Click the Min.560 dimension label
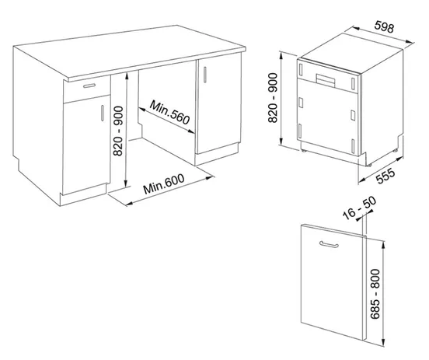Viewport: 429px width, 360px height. (169, 112)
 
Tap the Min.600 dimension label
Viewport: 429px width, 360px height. (164, 183)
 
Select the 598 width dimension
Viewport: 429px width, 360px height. (385, 27)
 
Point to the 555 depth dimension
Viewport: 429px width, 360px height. (385, 176)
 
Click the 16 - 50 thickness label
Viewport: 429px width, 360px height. (360, 208)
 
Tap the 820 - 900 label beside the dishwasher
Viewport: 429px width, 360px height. (273, 98)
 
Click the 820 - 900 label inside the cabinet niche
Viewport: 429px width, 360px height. (118, 131)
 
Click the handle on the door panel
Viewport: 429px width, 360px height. (329, 244)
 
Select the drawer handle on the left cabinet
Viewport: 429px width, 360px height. (89, 86)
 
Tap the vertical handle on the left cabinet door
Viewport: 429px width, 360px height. (103, 113)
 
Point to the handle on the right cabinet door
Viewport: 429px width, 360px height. (205, 74)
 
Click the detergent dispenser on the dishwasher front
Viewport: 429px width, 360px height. (326, 80)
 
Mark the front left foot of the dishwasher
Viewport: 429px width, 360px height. (302, 150)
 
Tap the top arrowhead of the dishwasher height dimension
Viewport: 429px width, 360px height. (281, 56)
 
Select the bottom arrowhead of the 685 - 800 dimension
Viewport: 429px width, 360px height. (383, 343)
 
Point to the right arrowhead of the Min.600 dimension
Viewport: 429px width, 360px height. (210, 178)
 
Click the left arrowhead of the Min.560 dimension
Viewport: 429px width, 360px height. (142, 110)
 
